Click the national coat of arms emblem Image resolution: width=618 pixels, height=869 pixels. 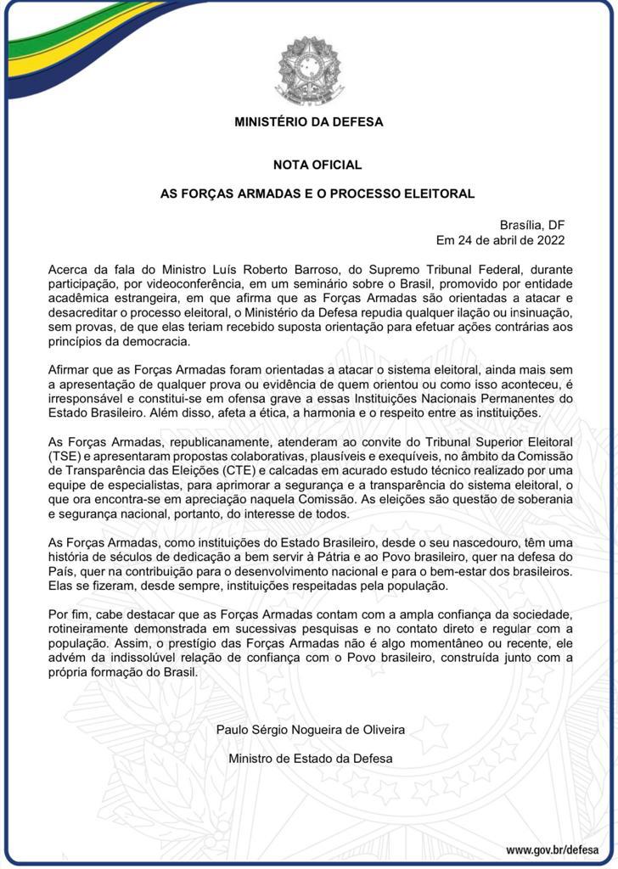[x=308, y=70]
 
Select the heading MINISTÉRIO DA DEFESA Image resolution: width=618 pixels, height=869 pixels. [x=309, y=121]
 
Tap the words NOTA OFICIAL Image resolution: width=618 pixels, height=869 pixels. [x=317, y=165]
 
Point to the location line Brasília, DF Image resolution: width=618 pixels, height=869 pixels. [x=532, y=225]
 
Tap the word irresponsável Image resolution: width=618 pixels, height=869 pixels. [x=89, y=398]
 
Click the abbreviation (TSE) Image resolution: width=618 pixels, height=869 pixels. [x=65, y=456]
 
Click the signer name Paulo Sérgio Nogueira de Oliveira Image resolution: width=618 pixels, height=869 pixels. [x=311, y=729]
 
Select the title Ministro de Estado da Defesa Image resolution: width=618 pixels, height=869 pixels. [x=311, y=759]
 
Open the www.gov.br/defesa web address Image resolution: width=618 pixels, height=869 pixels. [x=552, y=849]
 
